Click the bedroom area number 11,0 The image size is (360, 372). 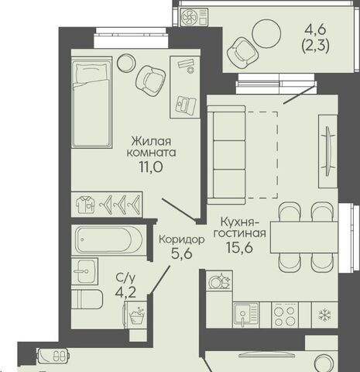[151, 167]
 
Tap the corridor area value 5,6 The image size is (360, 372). [182, 254]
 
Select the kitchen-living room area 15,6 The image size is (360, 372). [239, 248]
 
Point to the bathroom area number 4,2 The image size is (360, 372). [125, 293]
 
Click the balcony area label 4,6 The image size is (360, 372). [315, 30]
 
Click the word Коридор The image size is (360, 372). [182, 239]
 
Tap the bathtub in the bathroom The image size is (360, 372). [108, 239]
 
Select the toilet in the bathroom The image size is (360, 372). [87, 299]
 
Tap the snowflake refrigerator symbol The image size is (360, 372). [324, 315]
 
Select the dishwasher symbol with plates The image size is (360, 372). [219, 281]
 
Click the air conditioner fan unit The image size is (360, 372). [194, 17]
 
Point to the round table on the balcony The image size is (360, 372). [266, 33]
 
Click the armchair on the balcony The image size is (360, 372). [243, 53]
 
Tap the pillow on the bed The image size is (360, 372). [91, 74]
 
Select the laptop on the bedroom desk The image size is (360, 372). [185, 105]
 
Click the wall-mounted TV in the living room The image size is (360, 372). [328, 151]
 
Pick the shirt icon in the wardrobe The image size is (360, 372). [85, 205]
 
